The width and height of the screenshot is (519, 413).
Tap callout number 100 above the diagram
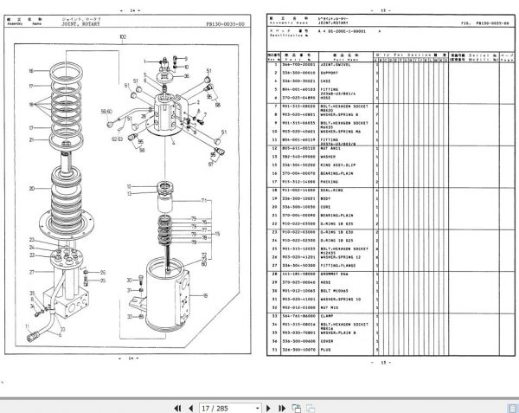(x=122, y=36)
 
